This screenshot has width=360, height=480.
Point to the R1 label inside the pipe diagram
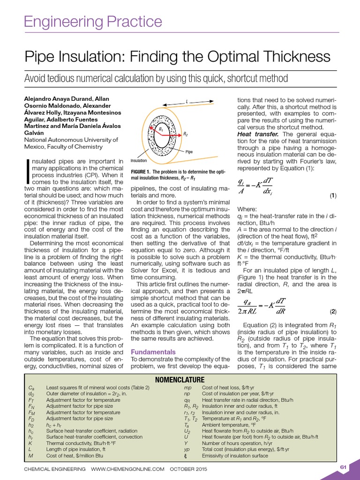[161, 129]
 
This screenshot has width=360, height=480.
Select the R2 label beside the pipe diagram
[185, 134]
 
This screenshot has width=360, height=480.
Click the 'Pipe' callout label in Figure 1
[189, 152]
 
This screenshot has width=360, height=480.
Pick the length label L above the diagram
[187, 101]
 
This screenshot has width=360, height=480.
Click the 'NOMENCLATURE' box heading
[180, 379]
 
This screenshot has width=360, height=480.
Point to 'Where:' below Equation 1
[247, 209]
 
